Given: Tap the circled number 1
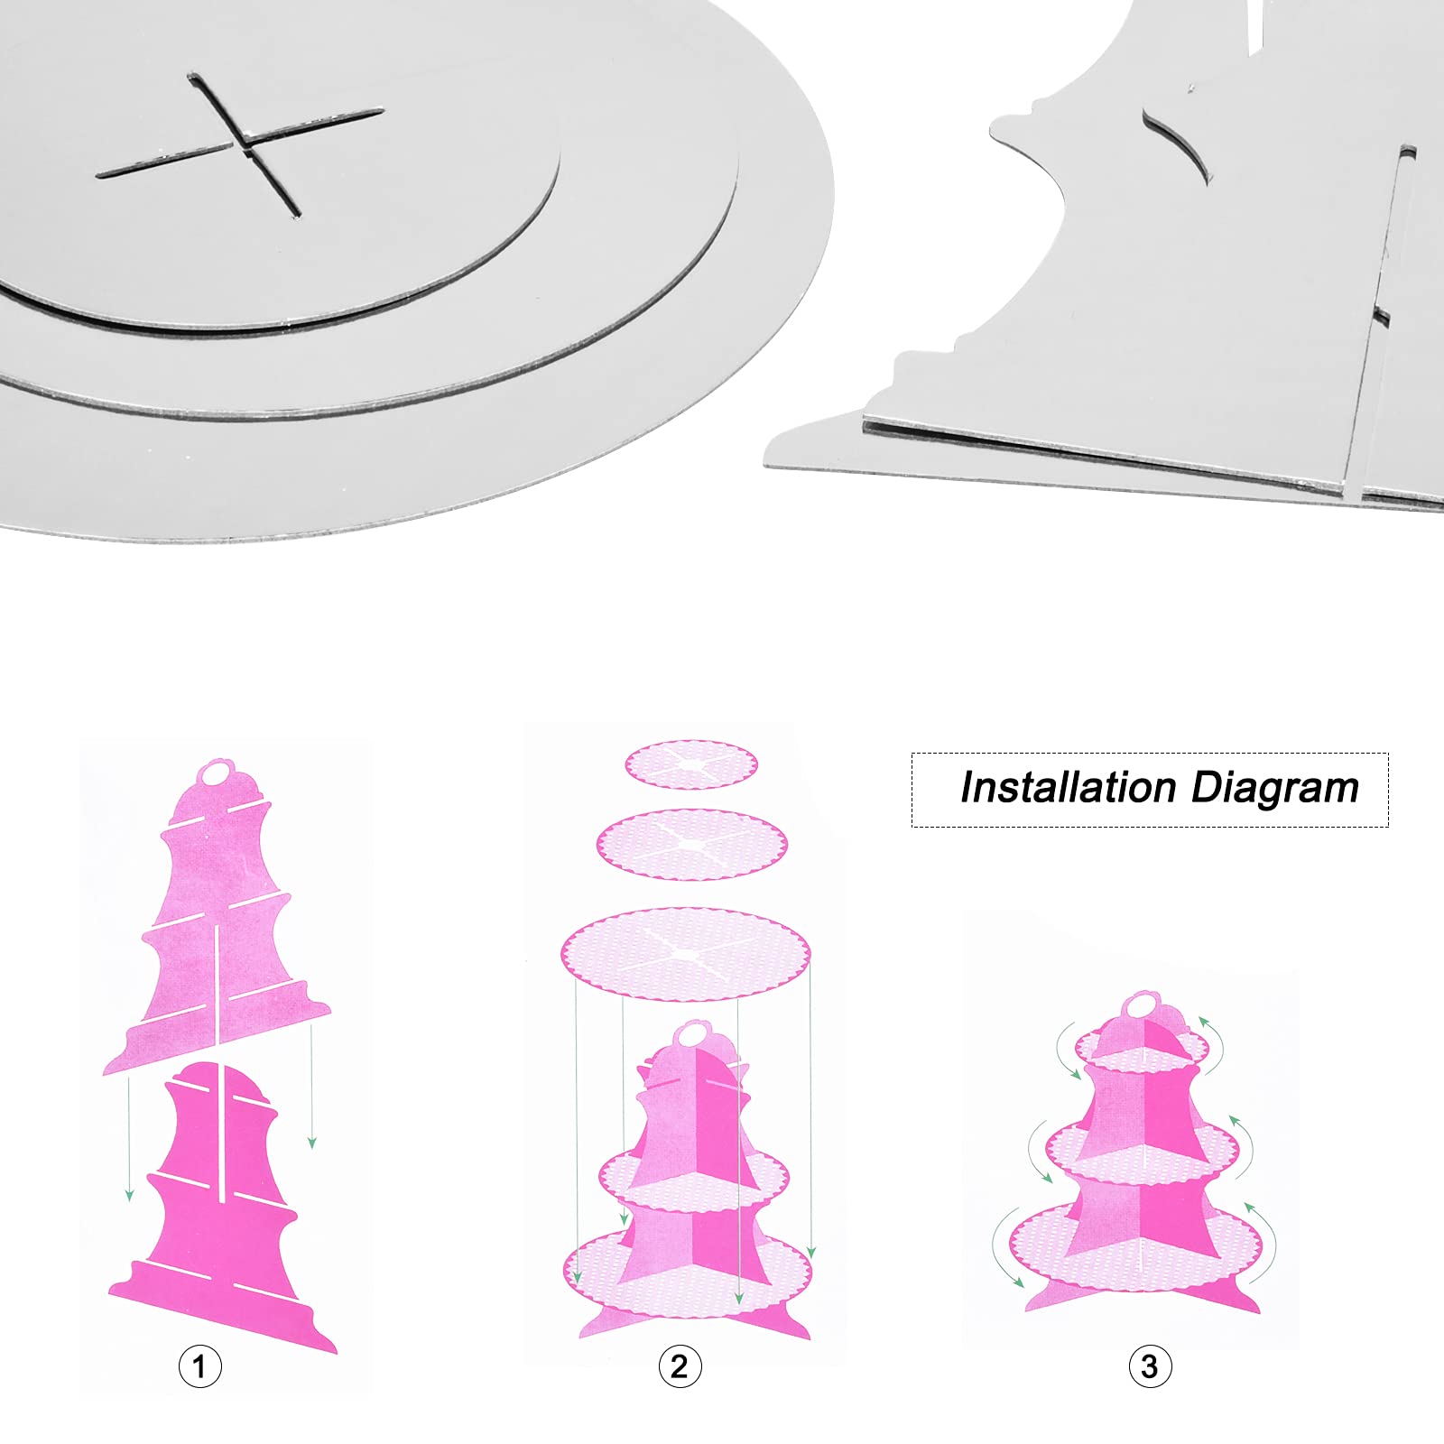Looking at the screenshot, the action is click(199, 1366).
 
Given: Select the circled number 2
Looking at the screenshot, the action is click(680, 1366).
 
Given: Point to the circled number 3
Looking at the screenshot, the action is click(1150, 1366).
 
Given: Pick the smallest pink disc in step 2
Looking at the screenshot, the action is click(691, 764).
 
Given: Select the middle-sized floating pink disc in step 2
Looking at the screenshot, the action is click(691, 845).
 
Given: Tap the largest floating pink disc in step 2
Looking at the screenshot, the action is click(686, 954).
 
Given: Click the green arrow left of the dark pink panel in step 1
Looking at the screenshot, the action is click(130, 1137).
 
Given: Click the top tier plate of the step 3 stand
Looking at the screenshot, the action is click(1143, 1050).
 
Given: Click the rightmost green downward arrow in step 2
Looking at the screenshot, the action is click(811, 1109).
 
